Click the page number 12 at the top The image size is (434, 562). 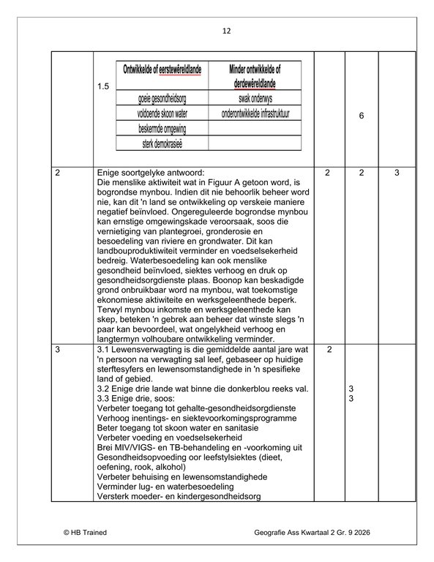(225, 31)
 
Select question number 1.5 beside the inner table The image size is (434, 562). (103, 87)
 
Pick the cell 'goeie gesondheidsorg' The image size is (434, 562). (162, 99)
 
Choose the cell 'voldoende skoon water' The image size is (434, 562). (162, 113)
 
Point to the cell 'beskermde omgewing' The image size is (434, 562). (162, 127)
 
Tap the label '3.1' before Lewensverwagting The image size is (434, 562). (103, 351)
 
